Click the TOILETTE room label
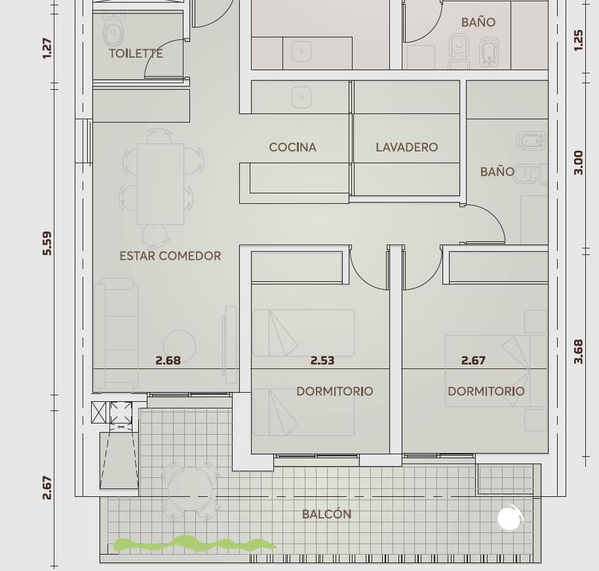[136, 54]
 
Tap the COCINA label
[293, 147]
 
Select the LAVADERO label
[407, 147]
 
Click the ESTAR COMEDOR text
[170, 256]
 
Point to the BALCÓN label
[326, 514]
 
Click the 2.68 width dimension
[168, 361]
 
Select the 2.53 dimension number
[322, 361]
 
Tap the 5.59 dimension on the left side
[47, 243]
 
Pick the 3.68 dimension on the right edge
[579, 351]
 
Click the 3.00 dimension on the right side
[579, 163]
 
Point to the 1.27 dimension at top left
[47, 48]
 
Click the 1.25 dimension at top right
[579, 40]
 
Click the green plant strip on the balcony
[195, 544]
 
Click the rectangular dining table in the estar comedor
[161, 184]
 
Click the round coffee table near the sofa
[180, 347]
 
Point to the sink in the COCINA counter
[301, 97]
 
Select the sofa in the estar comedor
[116, 334]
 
